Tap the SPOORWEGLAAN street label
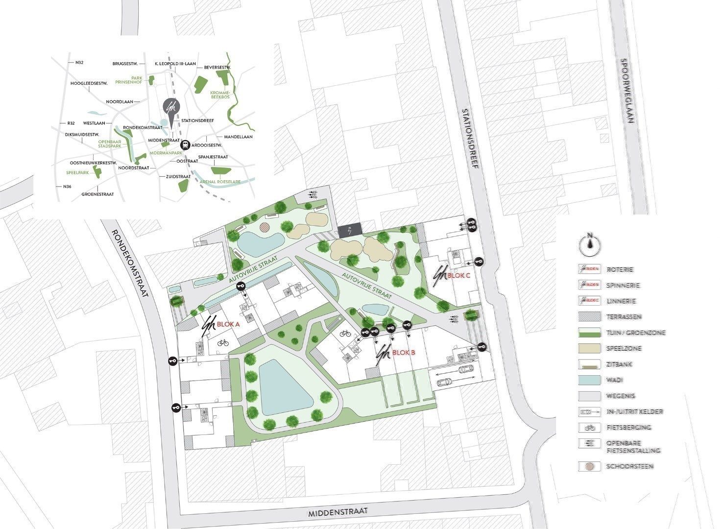coord(626,91)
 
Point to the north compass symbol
coord(590,243)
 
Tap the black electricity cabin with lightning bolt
coord(349,230)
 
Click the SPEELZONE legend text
coord(624,349)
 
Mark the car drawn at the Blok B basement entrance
coord(461,368)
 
